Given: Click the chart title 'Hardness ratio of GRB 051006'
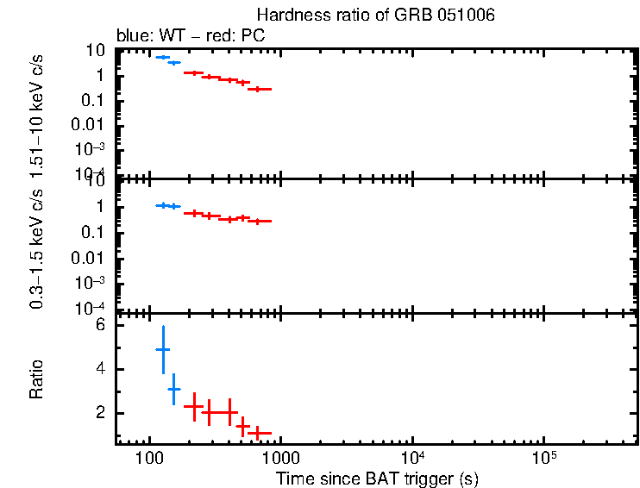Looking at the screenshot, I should point(376,16).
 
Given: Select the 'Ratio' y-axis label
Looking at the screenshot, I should point(37,379).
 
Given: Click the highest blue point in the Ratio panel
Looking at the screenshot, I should point(162,349).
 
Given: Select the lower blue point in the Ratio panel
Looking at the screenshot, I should point(173,390).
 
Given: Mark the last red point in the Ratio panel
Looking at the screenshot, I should point(259,432).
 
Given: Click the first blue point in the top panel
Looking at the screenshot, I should point(162,57).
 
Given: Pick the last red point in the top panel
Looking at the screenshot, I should point(259,89).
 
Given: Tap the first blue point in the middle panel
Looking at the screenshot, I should point(162,205).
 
